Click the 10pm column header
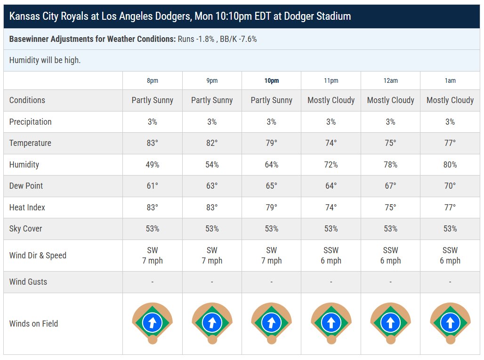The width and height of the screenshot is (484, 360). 271,81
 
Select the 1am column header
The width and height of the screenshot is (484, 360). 450,81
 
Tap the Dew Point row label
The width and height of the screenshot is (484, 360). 26,186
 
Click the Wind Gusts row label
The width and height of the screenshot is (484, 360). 28,281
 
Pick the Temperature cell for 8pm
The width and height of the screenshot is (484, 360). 153,143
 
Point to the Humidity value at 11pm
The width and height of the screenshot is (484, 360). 331,165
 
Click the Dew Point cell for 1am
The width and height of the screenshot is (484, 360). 450,186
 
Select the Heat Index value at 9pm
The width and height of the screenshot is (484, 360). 212,208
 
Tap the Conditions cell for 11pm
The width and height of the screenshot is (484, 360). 331,100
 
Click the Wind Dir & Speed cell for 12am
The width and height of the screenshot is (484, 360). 390,256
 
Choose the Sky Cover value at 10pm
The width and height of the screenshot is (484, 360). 271,229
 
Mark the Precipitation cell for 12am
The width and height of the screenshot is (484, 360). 390,122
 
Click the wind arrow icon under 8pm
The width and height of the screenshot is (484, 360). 153,323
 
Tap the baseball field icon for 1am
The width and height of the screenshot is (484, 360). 450,323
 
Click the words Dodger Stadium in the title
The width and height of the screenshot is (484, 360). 317,16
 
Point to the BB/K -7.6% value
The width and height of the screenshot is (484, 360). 238,39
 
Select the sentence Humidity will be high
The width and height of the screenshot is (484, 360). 45,60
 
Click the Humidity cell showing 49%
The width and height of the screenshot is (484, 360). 153,165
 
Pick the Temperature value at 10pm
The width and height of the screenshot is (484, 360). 271,143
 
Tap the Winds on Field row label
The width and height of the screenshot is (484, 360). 33,324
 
